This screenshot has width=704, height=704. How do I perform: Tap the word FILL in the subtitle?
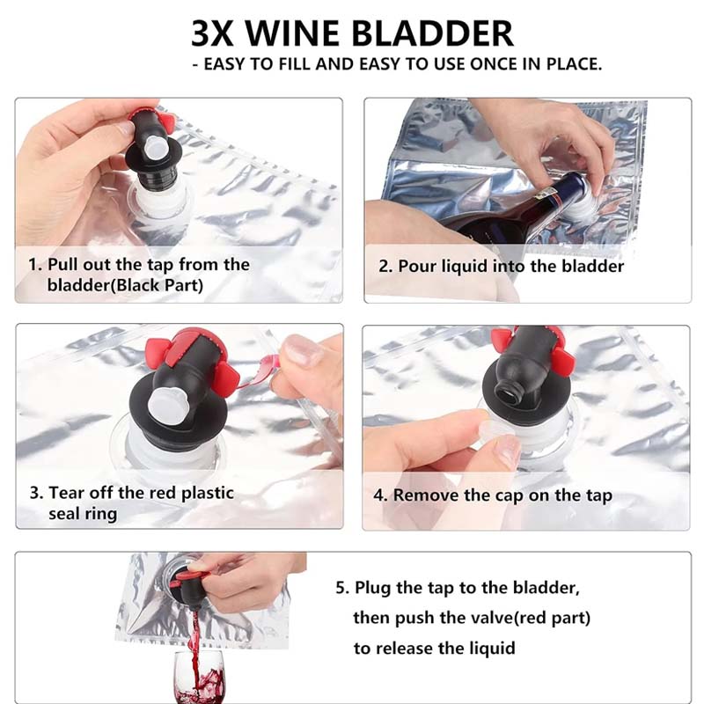coord(299,65)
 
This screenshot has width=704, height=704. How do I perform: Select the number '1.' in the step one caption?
coord(36,265)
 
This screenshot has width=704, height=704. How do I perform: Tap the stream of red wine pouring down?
coord(194,629)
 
